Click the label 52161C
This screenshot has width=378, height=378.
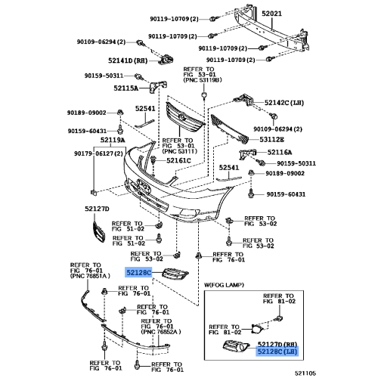coord(178,160)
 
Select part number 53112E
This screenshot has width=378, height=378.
coord(271,139)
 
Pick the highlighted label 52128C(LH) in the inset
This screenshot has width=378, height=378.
coord(276,351)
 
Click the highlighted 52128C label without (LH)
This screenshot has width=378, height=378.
coord(139,271)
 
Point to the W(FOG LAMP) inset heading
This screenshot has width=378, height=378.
coord(225,284)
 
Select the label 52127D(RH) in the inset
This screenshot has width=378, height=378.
coord(276,342)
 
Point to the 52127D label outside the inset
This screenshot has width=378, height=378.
coord(97,208)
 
